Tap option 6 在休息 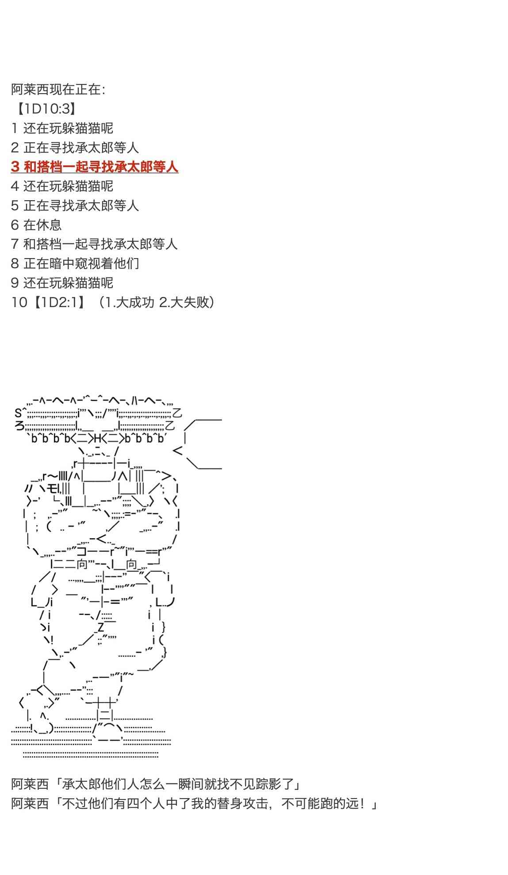pos(36,224)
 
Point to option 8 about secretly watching pos(75,263)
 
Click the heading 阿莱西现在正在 pos(58,89)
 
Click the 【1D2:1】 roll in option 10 pos(59,302)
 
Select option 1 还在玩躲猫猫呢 pos(62,128)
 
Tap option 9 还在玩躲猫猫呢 pos(62,283)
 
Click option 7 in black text pos(94,244)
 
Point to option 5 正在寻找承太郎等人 pos(75,205)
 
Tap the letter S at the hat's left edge pos(19,413)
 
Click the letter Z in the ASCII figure pos(101,627)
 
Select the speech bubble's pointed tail pos(178,450)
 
